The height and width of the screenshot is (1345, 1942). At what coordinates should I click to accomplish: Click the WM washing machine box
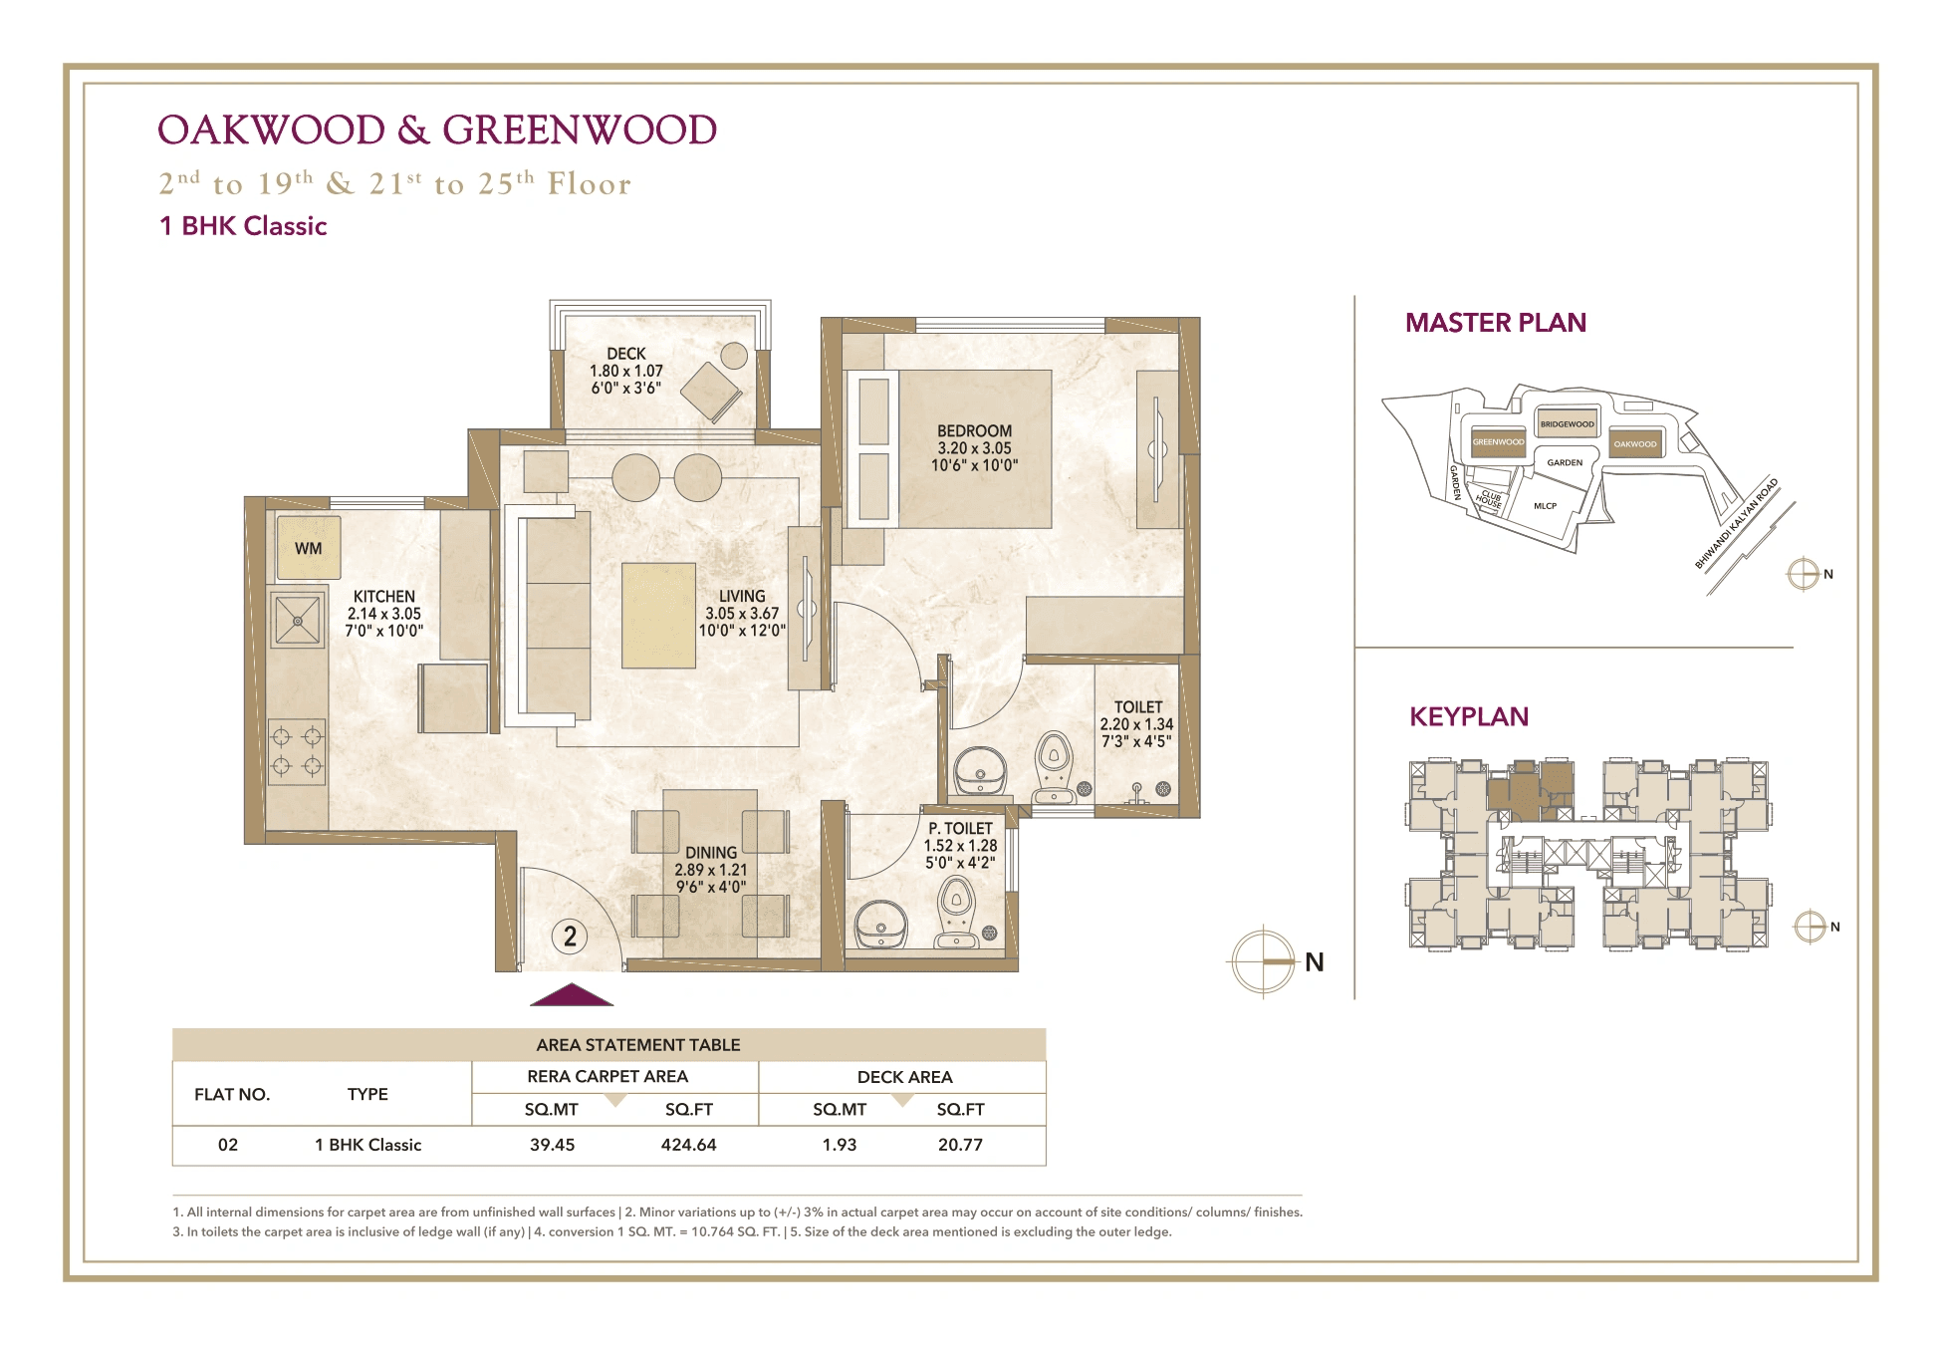308,548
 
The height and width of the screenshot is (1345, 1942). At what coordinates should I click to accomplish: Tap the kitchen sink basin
297,620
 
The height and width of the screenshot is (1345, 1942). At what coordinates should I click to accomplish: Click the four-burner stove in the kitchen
297,751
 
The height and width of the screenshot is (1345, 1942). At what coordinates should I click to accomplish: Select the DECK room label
625,354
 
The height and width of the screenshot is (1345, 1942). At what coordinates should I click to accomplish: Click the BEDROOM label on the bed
974,431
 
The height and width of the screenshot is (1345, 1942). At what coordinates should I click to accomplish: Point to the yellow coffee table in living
658,615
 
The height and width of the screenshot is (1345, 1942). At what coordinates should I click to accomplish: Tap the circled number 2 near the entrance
570,937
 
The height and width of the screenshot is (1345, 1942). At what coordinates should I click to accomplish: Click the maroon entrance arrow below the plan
572,995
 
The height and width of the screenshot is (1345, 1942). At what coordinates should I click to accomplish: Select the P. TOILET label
960,829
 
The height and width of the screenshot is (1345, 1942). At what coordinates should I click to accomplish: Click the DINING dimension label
710,870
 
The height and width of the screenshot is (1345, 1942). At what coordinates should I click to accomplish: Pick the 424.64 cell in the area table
688,1145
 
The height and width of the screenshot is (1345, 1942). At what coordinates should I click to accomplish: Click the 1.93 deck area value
839,1145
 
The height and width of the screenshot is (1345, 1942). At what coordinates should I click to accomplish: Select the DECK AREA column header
904,1077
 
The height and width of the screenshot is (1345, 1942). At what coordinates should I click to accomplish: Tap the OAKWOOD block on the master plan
1634,443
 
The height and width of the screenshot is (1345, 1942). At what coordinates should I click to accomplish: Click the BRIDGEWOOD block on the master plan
1567,423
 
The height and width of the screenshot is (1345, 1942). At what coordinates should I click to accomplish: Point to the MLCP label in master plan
1545,506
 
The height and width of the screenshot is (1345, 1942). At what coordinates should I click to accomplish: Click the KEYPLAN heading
1468,716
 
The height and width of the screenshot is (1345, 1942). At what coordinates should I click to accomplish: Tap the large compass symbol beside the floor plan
1263,961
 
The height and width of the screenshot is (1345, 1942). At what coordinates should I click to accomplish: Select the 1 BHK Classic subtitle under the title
243,226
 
